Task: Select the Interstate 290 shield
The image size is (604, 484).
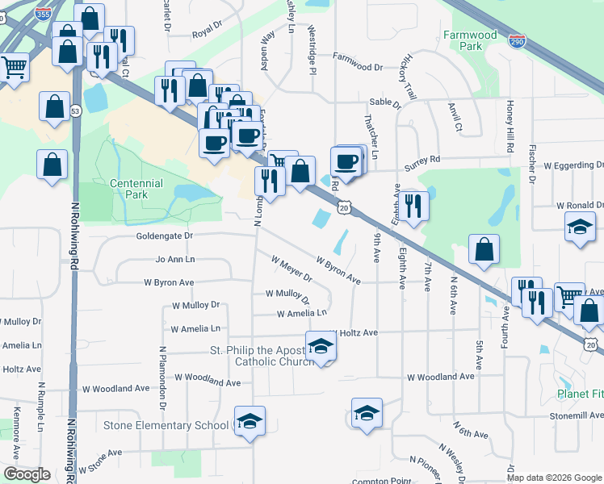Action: (517, 41)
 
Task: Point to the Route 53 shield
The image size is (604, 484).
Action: (74, 111)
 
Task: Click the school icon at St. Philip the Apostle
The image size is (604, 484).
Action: (321, 347)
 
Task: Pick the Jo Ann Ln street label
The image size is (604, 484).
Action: (175, 260)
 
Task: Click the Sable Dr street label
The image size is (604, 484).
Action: (385, 102)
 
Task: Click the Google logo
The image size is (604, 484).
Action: (27, 474)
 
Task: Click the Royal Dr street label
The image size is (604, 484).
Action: (207, 35)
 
